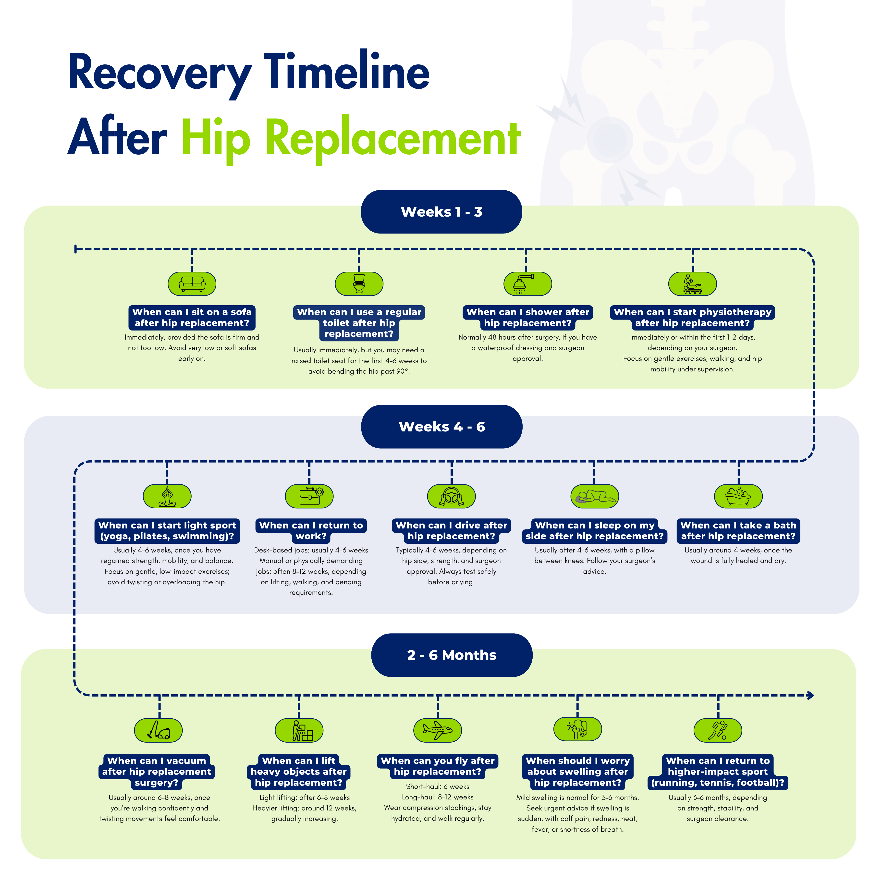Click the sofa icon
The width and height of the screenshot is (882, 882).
tap(192, 284)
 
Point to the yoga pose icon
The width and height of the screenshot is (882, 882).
tap(167, 496)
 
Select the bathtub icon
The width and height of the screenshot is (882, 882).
tap(738, 496)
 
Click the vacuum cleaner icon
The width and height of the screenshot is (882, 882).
tap(159, 730)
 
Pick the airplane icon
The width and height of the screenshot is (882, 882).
tap(437, 730)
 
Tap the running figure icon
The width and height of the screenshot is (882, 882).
tap(718, 730)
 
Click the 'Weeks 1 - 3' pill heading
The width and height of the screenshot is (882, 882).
tap(441, 212)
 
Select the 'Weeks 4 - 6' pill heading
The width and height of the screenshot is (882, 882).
tap(441, 427)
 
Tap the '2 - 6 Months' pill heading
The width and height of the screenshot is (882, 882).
tap(452, 655)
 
